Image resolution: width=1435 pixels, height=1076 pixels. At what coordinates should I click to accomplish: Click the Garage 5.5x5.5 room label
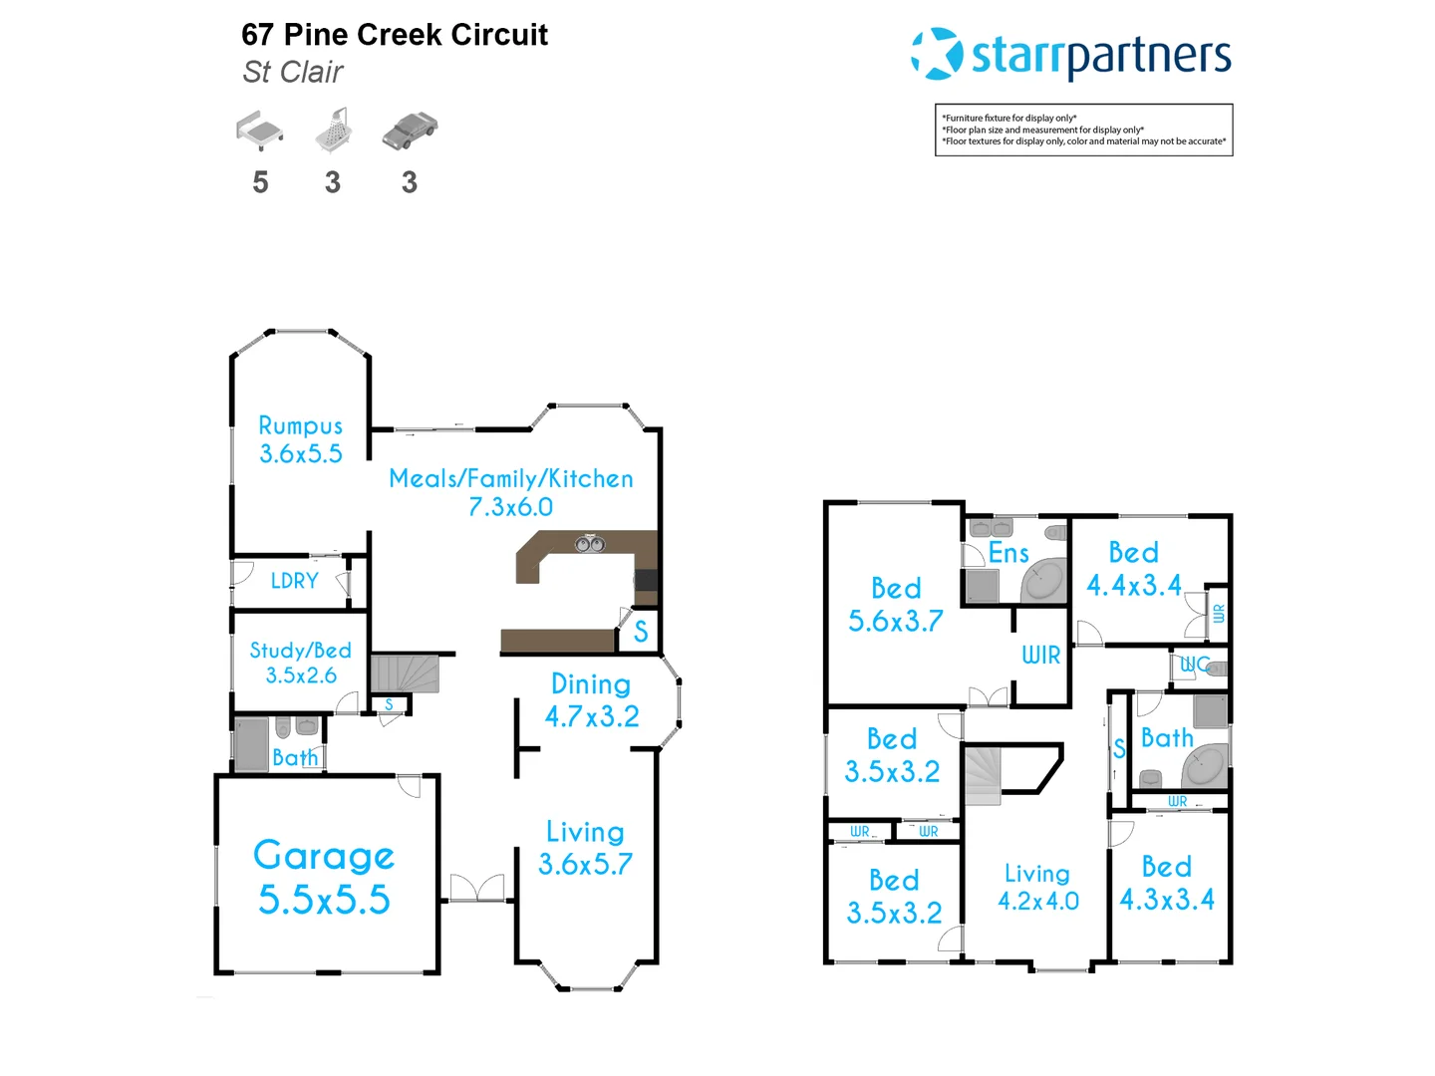[x=324, y=878]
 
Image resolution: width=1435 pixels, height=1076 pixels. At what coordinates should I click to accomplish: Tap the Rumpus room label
[x=300, y=439]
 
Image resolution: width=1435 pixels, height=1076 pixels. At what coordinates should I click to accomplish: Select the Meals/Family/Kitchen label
[x=510, y=492]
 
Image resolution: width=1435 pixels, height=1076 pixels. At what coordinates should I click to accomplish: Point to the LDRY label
[x=294, y=581]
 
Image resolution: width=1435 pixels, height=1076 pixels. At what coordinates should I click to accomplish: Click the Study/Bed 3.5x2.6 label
[x=300, y=663]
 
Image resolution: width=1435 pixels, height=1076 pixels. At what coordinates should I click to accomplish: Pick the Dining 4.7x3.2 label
[x=591, y=700]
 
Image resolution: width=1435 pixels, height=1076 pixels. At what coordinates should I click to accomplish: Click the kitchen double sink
[x=589, y=544]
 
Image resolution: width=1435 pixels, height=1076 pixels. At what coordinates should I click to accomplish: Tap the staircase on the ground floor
[x=405, y=673]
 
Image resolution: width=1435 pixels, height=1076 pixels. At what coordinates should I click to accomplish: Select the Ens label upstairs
[x=1007, y=554]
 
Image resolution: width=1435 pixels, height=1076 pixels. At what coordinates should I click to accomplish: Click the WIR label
[x=1040, y=656]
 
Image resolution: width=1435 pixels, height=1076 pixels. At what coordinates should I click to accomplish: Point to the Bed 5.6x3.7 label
[x=895, y=605]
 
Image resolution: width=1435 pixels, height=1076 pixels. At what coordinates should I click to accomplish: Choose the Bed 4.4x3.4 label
[x=1133, y=569]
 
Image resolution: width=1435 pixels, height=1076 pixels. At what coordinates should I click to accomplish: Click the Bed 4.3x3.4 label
[x=1166, y=884]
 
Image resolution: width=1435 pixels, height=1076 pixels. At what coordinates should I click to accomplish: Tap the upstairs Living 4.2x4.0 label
[x=1037, y=888]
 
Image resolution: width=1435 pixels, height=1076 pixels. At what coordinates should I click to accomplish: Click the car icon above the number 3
[x=410, y=131]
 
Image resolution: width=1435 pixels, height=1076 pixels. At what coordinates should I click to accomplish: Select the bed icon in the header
[x=260, y=131]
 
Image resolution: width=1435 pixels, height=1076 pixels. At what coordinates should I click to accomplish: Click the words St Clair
[x=293, y=73]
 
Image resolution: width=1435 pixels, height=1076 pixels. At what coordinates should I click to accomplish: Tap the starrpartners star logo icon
[x=936, y=54]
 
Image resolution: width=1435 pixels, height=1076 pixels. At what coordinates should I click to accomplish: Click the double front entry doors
[x=476, y=888]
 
